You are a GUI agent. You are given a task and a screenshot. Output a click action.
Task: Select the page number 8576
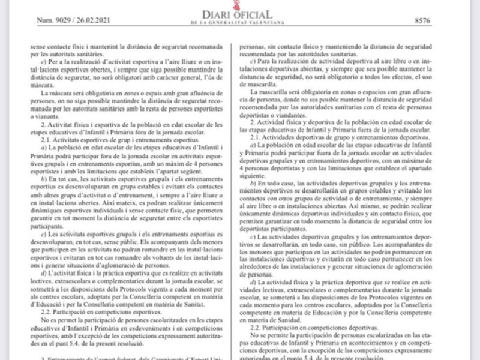pyautogui.click(x=422, y=20)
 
